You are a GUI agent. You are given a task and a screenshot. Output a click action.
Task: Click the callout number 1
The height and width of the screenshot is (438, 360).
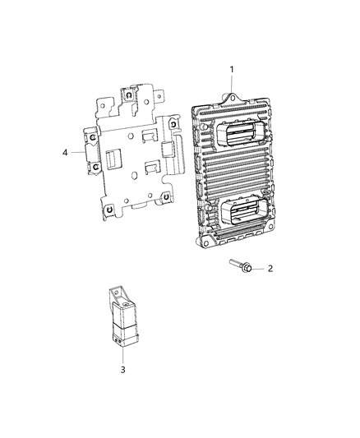pos(233,69)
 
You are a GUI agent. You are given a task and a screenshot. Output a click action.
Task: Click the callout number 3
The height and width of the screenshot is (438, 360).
pos(123,371)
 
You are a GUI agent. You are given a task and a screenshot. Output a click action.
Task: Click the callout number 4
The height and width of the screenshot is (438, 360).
pos(65,152)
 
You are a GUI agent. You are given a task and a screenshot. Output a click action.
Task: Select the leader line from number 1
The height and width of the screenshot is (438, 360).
pos(231,85)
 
